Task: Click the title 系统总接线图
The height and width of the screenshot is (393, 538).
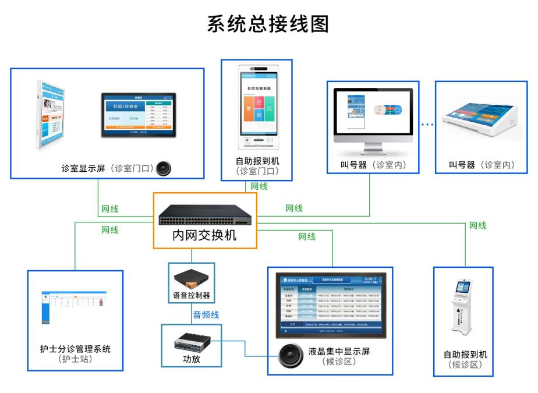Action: click(268, 24)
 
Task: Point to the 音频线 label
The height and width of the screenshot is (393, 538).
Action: click(206, 314)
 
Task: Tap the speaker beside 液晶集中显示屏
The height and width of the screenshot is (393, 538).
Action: click(289, 356)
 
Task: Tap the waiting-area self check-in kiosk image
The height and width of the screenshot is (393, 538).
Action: click(463, 309)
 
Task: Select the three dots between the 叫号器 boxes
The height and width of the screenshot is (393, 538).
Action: click(427, 125)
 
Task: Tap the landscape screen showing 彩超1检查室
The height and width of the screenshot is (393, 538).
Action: click(139, 114)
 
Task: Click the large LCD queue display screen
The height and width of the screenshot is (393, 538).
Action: click(330, 303)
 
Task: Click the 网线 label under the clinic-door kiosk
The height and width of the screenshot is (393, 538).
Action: click(259, 186)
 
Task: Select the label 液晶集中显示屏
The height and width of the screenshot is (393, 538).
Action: click(339, 352)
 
